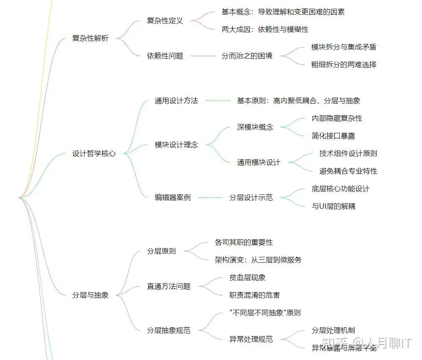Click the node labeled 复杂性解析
coord(90,39)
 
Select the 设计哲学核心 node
coord(94,154)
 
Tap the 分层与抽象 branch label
coord(90,295)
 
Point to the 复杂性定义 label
coord(165,21)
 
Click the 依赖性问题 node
coord(165,56)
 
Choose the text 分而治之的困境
coord(247,56)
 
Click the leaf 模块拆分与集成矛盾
coord(344,47)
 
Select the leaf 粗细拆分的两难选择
coord(344,65)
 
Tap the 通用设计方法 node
coord(176,101)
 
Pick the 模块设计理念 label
coord(176,145)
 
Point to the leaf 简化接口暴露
coord(333,136)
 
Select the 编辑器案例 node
coord(173,197)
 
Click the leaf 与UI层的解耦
coord(333,206)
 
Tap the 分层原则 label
coord(161,251)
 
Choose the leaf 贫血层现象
coord(247,278)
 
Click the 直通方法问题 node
coord(168,287)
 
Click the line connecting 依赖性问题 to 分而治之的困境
coord(202,56)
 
